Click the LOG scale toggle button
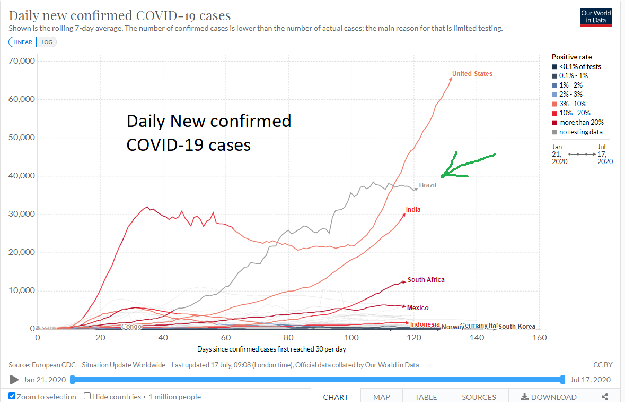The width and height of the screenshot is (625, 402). [x=47, y=42]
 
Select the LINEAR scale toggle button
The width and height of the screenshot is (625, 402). [x=23, y=42]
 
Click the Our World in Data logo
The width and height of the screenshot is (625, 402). [x=596, y=17]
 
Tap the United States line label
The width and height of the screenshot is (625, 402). [x=472, y=74]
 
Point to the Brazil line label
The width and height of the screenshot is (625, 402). [x=427, y=185]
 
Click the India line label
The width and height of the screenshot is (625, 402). [x=413, y=210]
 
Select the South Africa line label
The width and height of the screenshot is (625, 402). [x=426, y=280]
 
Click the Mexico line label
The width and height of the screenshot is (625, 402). [x=418, y=307]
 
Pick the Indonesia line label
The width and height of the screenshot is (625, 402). [x=425, y=324]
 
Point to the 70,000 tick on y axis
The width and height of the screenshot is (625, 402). [x=22, y=61]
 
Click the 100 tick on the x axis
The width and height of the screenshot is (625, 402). [x=351, y=338]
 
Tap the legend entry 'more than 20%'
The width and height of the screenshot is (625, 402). [x=580, y=123]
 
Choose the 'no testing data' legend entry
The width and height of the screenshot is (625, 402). [x=580, y=132]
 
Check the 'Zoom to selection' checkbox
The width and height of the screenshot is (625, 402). [x=12, y=396]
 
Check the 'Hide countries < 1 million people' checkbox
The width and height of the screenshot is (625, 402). [x=87, y=396]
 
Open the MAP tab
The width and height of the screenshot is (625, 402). [x=381, y=397]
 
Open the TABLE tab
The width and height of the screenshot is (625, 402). [x=426, y=397]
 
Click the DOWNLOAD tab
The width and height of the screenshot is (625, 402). [x=548, y=397]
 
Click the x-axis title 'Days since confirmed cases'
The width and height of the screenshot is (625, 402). [x=271, y=349]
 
